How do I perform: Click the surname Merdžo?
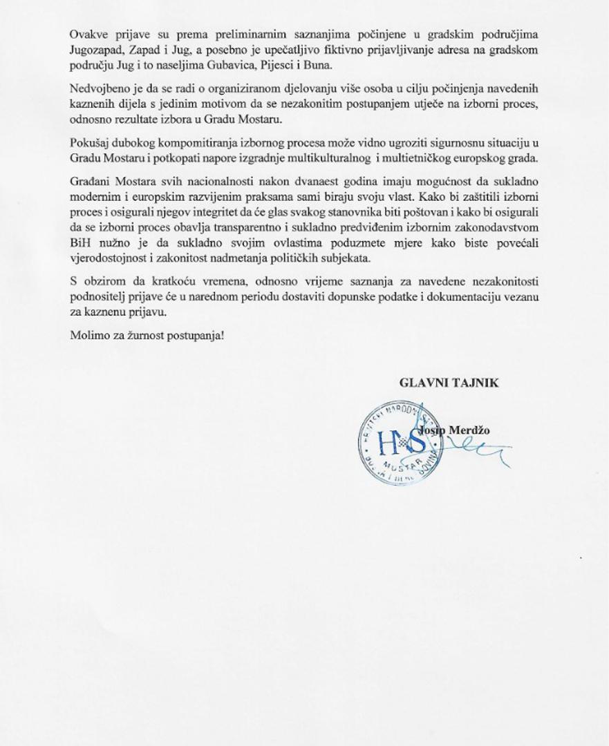click(469, 430)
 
